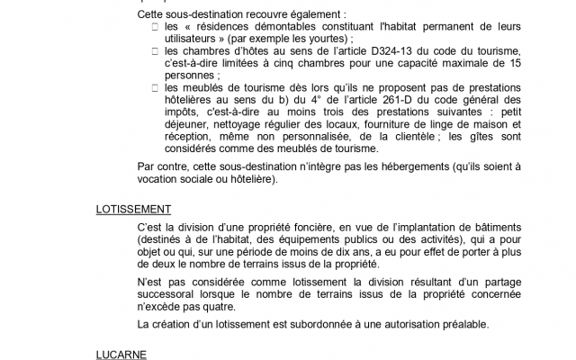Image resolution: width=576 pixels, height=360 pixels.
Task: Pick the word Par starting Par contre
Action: coord(147,167)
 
